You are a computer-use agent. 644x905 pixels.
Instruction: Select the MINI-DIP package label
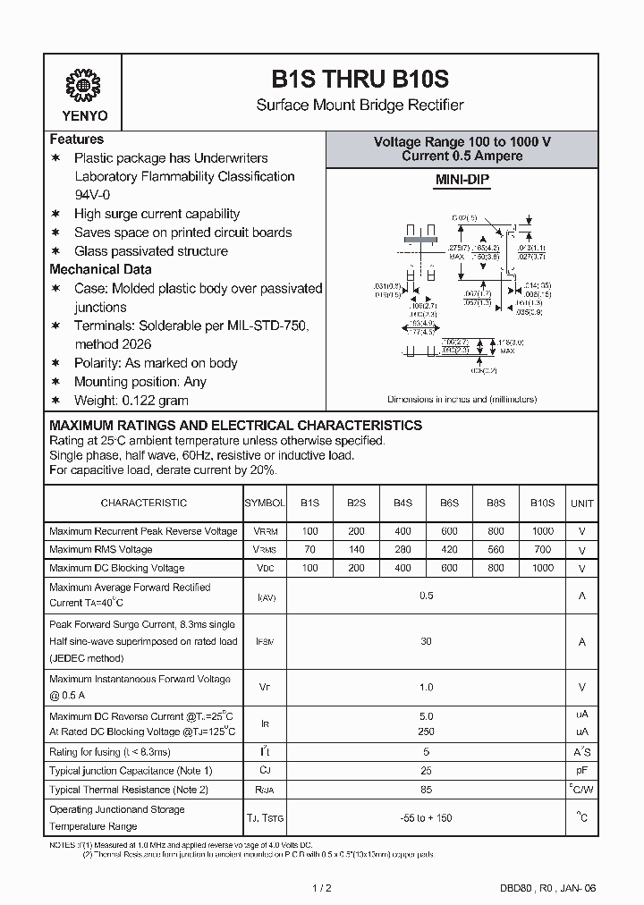(x=462, y=180)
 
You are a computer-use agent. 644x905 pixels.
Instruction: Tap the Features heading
(x=77, y=140)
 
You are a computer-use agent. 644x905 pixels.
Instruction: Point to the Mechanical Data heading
(x=100, y=269)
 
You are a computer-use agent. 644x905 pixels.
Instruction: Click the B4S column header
(x=402, y=503)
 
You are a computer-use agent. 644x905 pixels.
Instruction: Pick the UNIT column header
(x=582, y=503)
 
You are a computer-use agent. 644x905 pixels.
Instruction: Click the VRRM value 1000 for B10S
(x=542, y=531)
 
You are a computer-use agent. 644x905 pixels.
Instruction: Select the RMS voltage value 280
(x=402, y=550)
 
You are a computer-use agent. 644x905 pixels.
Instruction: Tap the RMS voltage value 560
(x=496, y=550)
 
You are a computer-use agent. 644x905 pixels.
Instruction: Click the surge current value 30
(x=426, y=641)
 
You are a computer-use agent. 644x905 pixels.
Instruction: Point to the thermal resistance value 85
(x=426, y=790)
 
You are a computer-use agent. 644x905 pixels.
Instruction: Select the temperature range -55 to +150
(x=426, y=818)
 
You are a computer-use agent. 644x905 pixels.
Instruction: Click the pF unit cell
(x=582, y=771)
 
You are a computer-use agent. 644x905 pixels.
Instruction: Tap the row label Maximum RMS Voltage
(x=101, y=550)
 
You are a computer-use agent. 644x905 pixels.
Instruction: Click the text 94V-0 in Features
(x=93, y=195)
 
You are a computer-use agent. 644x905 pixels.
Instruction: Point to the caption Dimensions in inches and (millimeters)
(x=462, y=399)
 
